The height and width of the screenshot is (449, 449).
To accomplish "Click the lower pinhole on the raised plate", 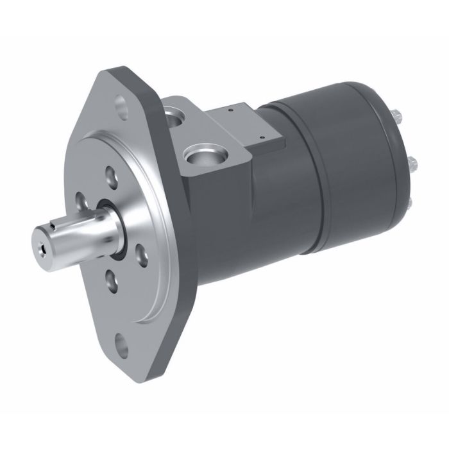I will click(x=262, y=137).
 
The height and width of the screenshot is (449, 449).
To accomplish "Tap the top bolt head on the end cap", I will click(x=396, y=117).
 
